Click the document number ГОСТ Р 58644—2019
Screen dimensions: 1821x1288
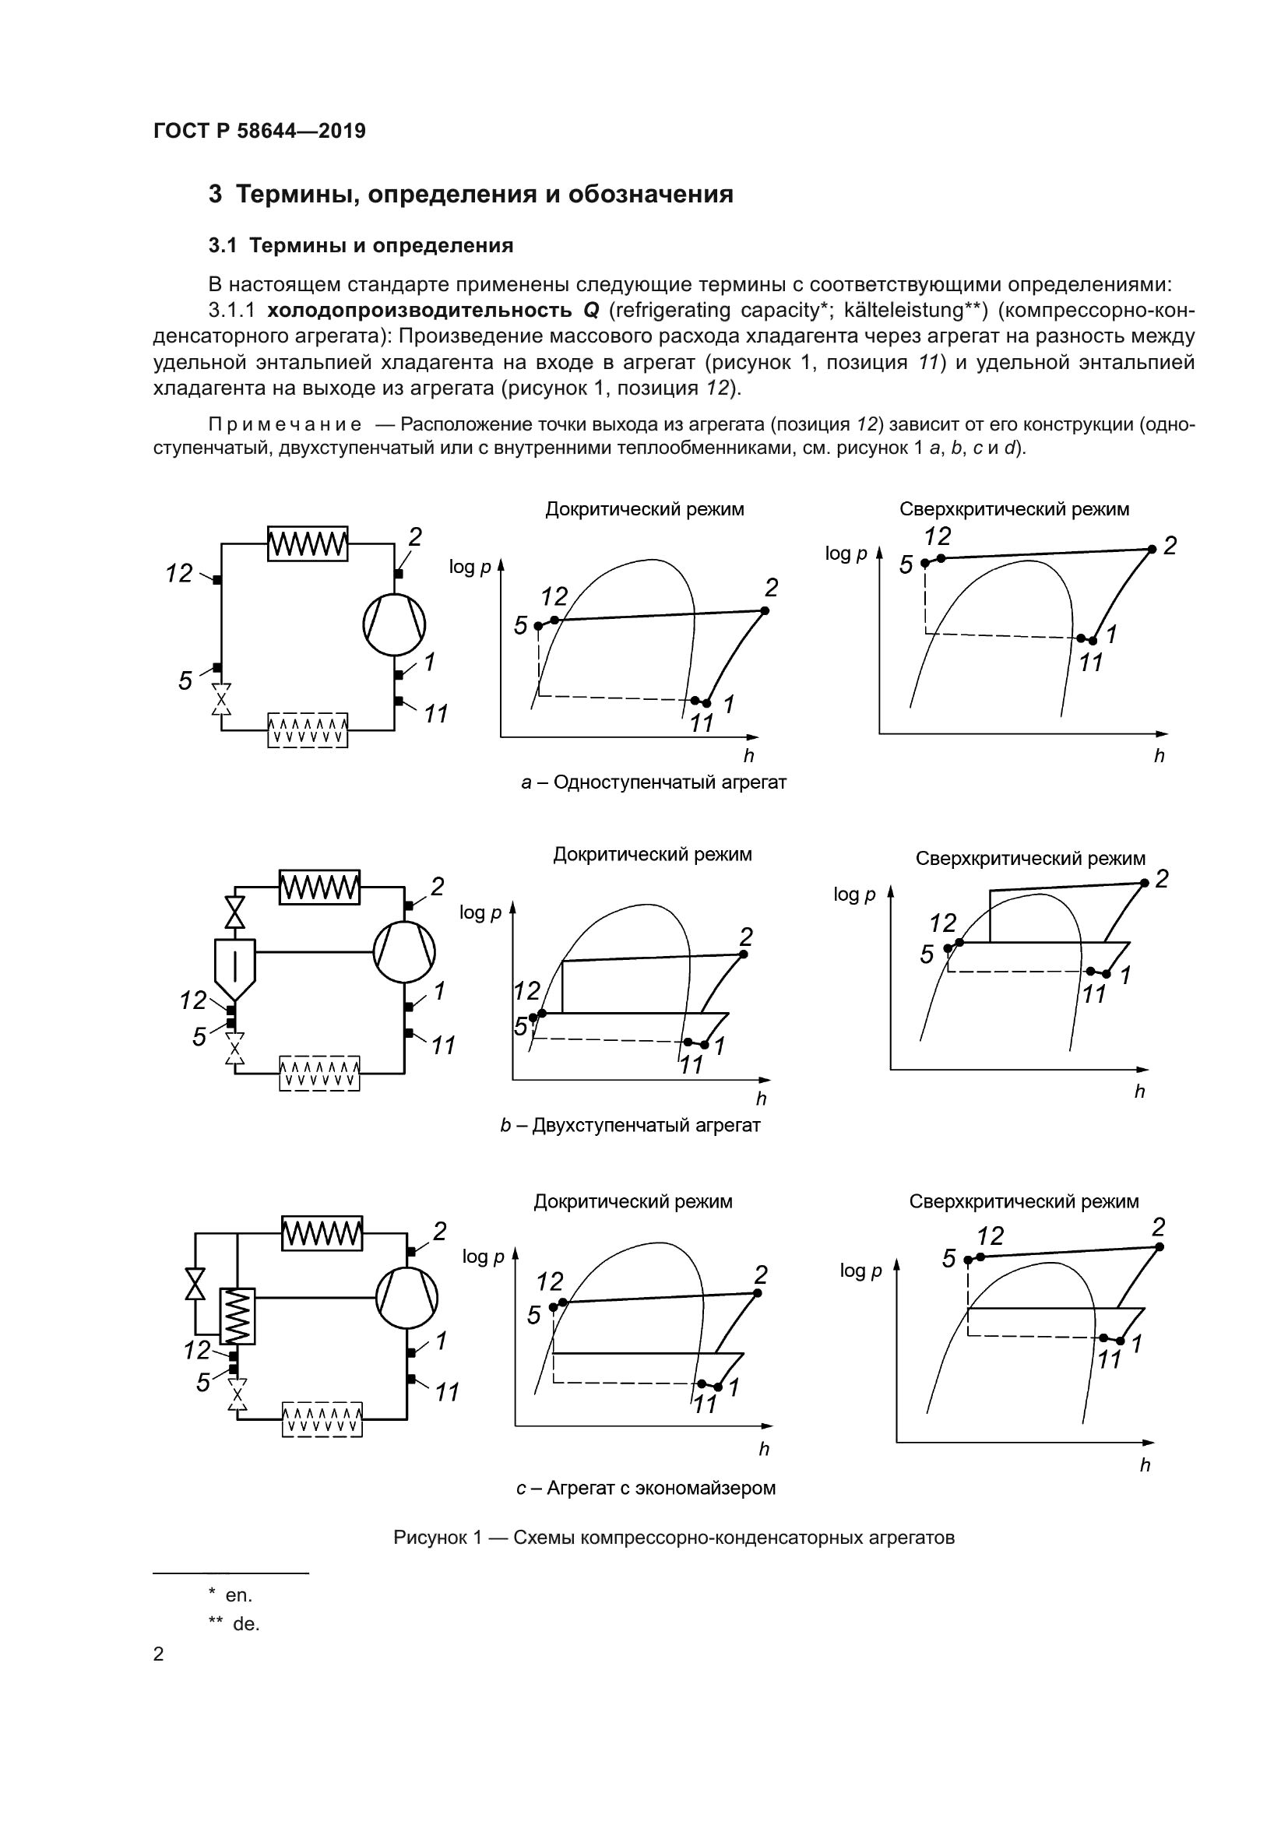pos(259,131)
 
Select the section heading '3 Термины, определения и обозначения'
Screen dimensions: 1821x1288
pos(470,195)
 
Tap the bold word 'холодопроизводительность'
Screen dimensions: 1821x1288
pos(420,309)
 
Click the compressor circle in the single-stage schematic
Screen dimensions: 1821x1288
pos(394,624)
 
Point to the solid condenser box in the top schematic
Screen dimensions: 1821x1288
pos(308,544)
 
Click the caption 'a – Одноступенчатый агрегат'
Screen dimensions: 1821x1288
pos(653,782)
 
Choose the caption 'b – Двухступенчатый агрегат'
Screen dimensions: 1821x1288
pos(630,1126)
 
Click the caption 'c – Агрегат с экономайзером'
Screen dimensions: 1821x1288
pos(646,1488)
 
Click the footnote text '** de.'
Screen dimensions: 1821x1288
pos(234,1624)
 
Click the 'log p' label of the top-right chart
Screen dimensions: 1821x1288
pos(846,554)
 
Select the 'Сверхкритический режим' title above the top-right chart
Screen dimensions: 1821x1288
pos(1014,509)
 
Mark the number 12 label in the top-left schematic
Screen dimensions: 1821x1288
pos(179,573)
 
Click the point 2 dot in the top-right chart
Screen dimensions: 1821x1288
pos(1152,549)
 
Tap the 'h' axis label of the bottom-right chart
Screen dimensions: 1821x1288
pos(1145,1466)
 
